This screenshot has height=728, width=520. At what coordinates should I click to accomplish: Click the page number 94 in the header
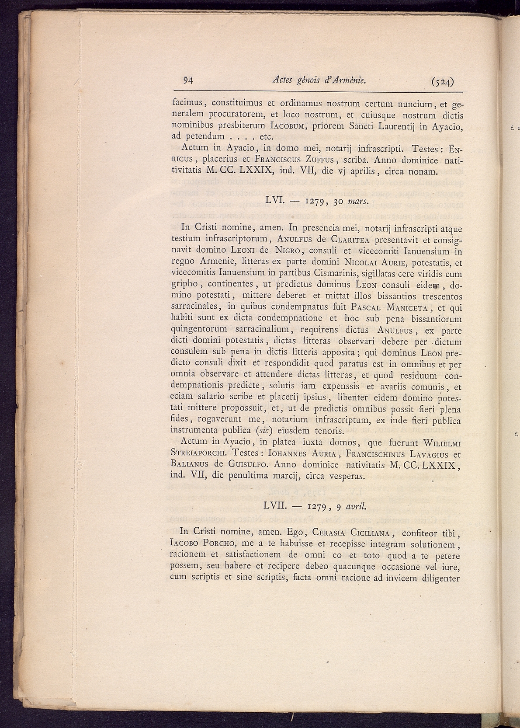[188, 80]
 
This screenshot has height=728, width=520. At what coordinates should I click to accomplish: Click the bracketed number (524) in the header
[442, 81]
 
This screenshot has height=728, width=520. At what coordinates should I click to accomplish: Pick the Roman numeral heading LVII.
[274, 506]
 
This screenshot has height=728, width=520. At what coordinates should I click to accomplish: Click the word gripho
[185, 285]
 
